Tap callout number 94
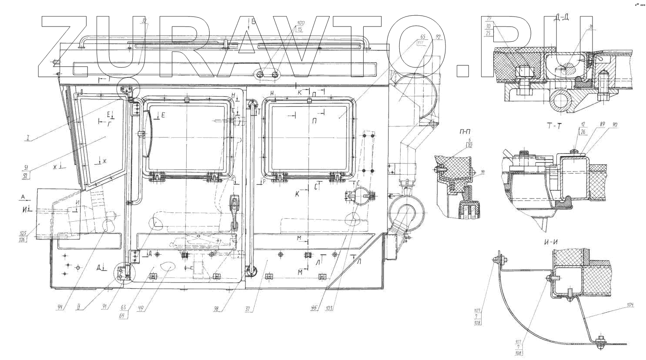[x=60, y=307]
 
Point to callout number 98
[x=216, y=309]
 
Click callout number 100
[x=301, y=23]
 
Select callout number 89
[x=602, y=124]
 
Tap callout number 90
[x=614, y=124]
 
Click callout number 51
[x=26, y=167]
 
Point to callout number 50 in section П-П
[x=483, y=172]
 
